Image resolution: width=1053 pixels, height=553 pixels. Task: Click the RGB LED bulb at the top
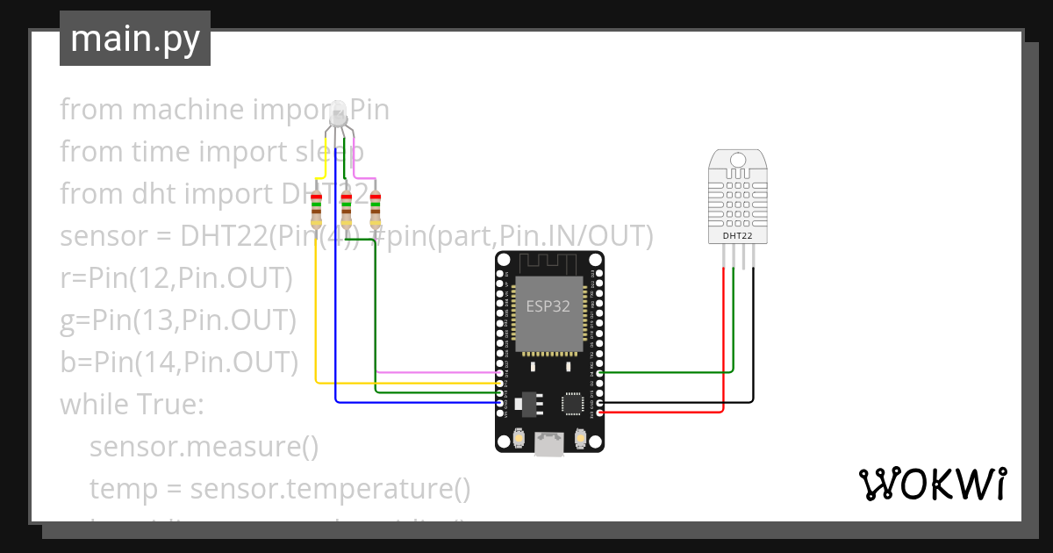coord(337,114)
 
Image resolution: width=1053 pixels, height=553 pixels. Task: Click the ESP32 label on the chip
coord(548,306)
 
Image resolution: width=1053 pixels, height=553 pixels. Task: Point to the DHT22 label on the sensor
coord(737,235)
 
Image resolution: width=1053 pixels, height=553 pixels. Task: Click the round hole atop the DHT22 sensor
coord(737,160)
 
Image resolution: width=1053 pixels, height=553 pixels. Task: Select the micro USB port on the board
coord(550,445)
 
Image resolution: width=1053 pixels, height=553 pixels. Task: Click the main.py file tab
coord(135,39)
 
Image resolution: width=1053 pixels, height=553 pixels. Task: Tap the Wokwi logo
coord(932,485)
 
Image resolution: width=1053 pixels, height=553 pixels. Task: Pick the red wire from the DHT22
coord(723,351)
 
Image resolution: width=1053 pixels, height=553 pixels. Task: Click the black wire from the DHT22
coord(753,351)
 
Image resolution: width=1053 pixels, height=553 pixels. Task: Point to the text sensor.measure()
coord(204,447)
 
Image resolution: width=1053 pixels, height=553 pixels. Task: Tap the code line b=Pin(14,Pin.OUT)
coord(179,363)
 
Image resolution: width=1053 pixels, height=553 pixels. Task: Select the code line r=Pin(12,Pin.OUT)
coord(175,278)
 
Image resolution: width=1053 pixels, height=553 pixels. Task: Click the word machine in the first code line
coord(187,110)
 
